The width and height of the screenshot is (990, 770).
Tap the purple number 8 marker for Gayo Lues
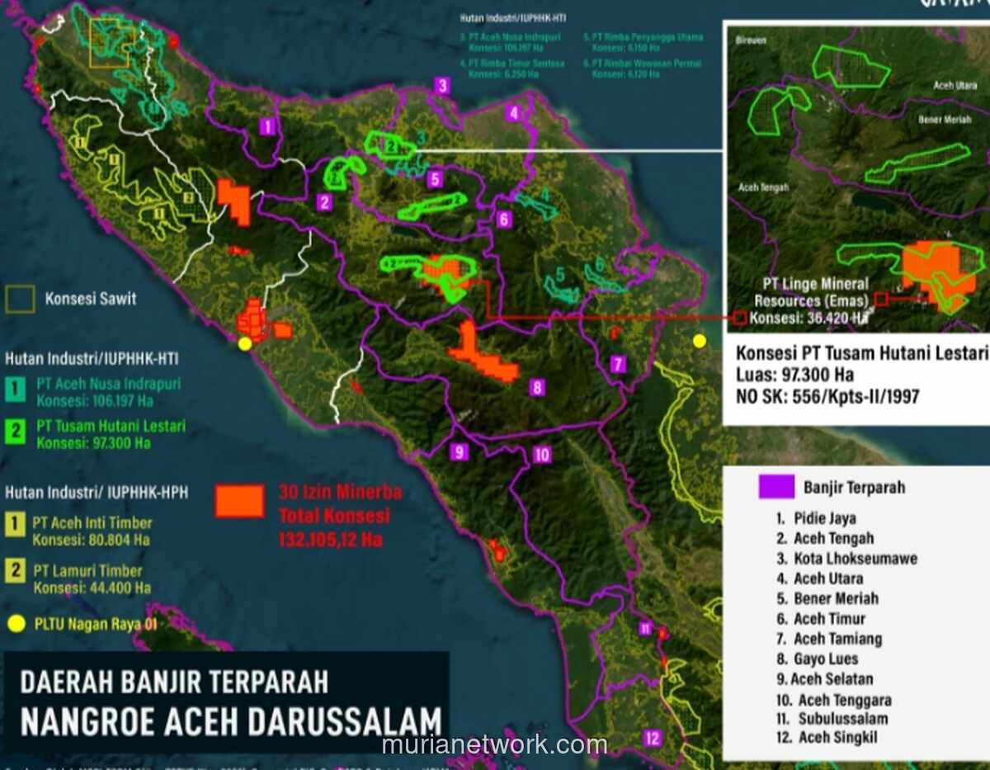click(x=537, y=387)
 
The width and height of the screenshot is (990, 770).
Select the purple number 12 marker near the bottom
click(x=653, y=738)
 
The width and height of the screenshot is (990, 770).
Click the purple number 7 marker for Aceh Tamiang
click(x=619, y=365)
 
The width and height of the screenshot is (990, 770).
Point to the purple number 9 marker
click(x=460, y=451)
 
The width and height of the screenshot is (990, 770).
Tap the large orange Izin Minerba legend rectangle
click(x=239, y=500)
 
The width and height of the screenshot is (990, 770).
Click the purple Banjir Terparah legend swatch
click(x=775, y=487)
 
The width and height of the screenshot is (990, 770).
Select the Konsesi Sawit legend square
click(x=20, y=299)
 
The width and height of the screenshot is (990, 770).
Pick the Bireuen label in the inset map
click(x=750, y=39)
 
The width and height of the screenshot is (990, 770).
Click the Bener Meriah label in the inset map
click(x=945, y=120)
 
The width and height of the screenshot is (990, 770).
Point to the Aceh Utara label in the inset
click(x=955, y=85)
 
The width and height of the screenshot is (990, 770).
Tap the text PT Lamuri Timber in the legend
click(x=87, y=571)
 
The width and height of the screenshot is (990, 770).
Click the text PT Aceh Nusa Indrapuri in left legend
click(x=108, y=385)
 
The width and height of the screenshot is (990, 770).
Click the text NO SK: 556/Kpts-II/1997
click(x=827, y=397)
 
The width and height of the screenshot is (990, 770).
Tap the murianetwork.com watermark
click(x=495, y=744)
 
